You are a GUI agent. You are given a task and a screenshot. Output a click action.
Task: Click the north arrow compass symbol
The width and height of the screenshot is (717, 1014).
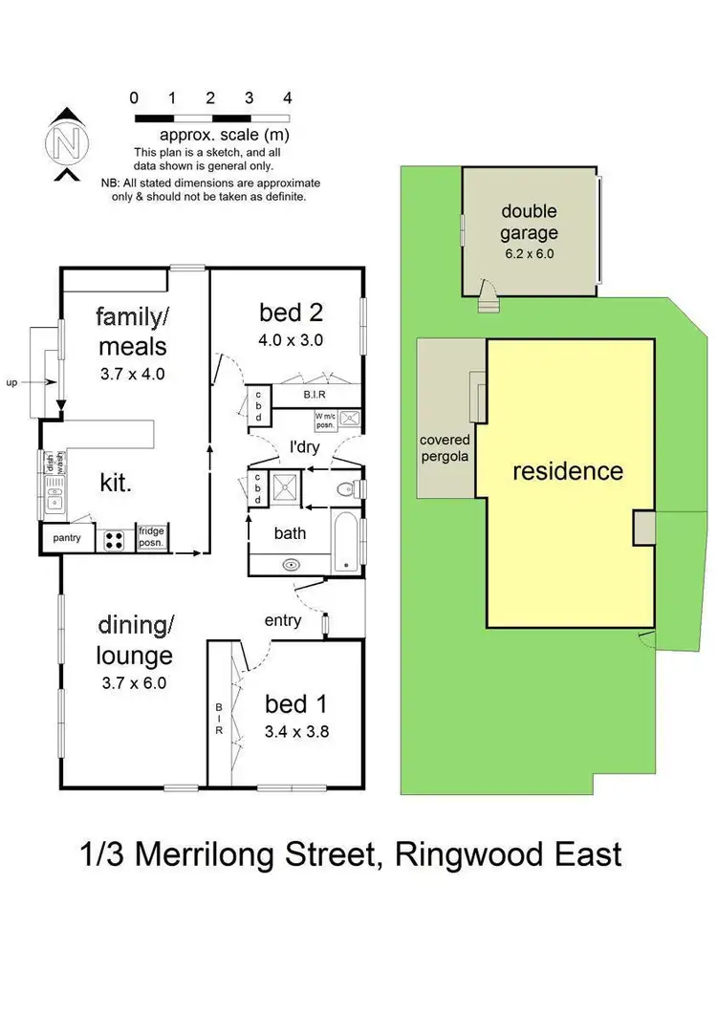point(65,143)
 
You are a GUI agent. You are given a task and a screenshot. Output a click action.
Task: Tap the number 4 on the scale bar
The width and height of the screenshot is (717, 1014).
point(287,97)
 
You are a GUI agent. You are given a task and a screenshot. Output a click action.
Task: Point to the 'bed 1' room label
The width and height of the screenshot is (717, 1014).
point(296,704)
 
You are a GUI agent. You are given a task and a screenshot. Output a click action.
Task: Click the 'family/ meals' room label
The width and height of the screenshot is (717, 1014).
point(132,331)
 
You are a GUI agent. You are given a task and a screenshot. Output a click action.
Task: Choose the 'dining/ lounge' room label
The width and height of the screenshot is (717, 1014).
point(135,641)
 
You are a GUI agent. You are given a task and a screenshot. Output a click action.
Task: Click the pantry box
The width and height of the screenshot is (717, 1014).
point(67,538)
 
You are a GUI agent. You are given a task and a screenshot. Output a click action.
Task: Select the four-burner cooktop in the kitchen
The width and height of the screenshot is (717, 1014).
point(115,539)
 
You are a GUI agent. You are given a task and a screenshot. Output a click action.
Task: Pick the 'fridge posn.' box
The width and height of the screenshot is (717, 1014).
point(153,537)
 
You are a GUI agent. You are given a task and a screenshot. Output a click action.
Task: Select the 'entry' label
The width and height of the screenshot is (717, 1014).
point(284,620)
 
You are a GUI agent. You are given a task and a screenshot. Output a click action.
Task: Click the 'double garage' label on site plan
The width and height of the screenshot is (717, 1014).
point(529,222)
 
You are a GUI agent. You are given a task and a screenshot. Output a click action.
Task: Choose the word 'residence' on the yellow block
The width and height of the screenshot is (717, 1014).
point(568,471)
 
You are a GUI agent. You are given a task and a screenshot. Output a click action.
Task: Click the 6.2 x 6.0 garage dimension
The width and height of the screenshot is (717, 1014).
point(529,254)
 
